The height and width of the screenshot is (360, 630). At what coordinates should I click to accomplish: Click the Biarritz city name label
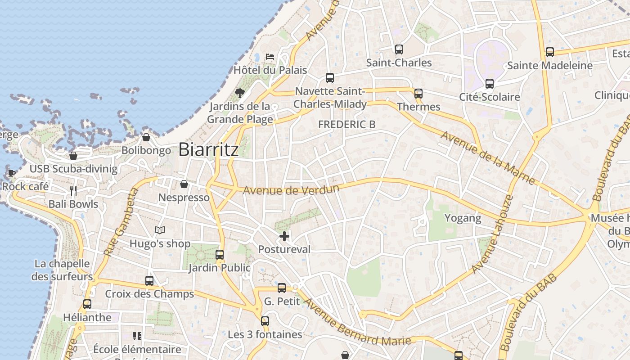click(208, 150)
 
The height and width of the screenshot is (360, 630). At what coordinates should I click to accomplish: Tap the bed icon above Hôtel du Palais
click(270, 57)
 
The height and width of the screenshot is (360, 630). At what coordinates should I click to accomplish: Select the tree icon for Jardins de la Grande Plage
click(240, 93)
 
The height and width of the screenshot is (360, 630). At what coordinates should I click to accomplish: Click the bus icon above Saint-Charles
click(399, 49)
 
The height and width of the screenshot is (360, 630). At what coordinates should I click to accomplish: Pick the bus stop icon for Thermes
click(418, 94)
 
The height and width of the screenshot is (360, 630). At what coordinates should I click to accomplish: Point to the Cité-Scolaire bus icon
click(490, 84)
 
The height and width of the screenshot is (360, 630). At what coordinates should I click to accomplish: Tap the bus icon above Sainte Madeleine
click(550, 52)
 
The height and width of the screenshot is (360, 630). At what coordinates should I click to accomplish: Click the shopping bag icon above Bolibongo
click(146, 137)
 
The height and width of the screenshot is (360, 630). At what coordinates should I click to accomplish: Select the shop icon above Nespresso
click(184, 184)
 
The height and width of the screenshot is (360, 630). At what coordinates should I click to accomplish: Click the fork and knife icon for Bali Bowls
click(73, 191)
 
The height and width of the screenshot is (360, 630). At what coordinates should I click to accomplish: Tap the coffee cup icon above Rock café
click(11, 173)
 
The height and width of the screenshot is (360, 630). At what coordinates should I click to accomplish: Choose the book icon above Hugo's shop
click(160, 230)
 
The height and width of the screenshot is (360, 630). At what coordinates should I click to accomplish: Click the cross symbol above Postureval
click(284, 236)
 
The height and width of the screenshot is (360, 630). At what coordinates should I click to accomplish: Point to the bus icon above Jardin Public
click(220, 255)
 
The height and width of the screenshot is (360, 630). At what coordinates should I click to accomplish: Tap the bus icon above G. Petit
click(282, 288)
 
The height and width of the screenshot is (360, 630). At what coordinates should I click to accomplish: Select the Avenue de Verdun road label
click(291, 190)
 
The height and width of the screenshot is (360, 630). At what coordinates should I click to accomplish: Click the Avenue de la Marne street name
click(488, 157)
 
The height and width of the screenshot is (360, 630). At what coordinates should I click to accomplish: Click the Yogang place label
click(463, 218)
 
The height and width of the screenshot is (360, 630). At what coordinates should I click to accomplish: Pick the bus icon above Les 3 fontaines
click(265, 321)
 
